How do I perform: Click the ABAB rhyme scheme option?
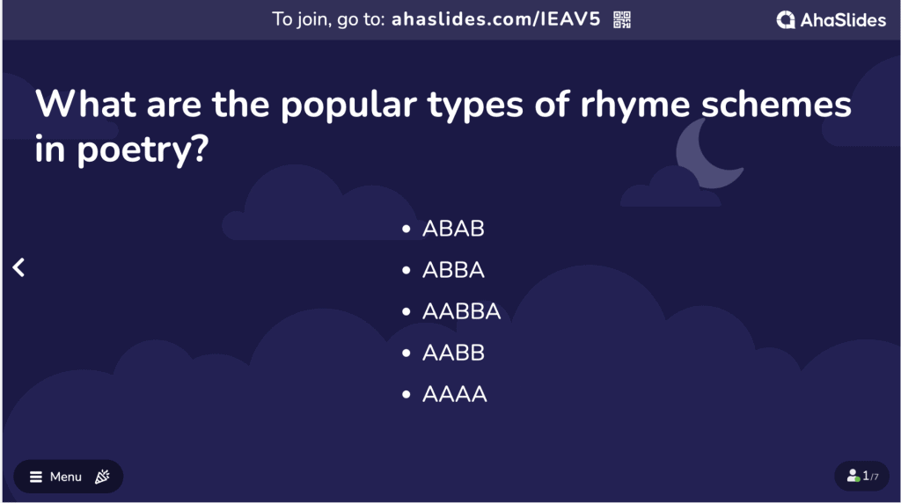tap(453, 229)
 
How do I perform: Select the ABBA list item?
tap(453, 270)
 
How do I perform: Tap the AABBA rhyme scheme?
tap(461, 311)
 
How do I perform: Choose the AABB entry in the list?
tap(453, 353)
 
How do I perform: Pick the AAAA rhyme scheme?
tap(455, 394)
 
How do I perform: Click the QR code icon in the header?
tap(622, 19)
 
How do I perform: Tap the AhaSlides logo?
tap(831, 20)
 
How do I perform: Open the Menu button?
tap(69, 477)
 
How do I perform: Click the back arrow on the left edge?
tap(19, 267)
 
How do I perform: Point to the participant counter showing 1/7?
tap(862, 476)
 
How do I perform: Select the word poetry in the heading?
tap(142, 150)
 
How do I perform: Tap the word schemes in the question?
tap(776, 105)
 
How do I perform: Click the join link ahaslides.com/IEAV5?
tap(495, 19)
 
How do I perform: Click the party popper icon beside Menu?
tap(102, 477)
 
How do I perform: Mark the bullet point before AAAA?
tap(407, 394)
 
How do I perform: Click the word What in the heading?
tap(85, 104)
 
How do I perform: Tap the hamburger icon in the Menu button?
tap(35, 477)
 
